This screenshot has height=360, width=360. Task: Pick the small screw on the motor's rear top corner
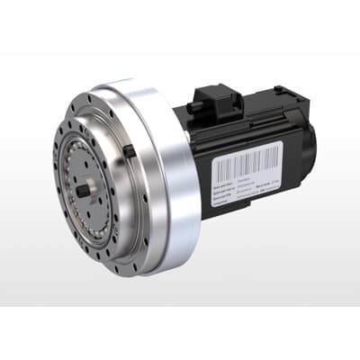click(280, 90)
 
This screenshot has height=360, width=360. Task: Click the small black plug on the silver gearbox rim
click(130, 150)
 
